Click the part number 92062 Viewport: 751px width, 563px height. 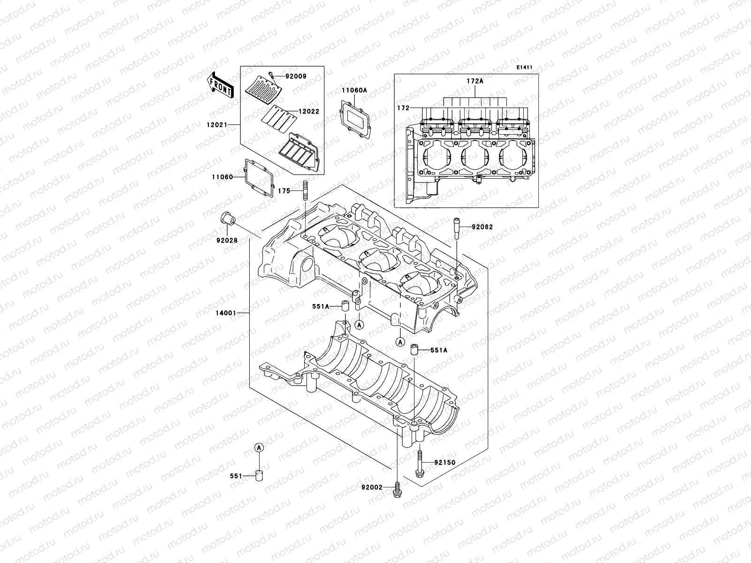[x=483, y=227]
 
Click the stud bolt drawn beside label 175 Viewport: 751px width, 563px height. [x=304, y=192]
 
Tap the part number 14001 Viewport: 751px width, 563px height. [x=226, y=312]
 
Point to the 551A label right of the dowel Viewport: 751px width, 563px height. [x=440, y=350]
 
